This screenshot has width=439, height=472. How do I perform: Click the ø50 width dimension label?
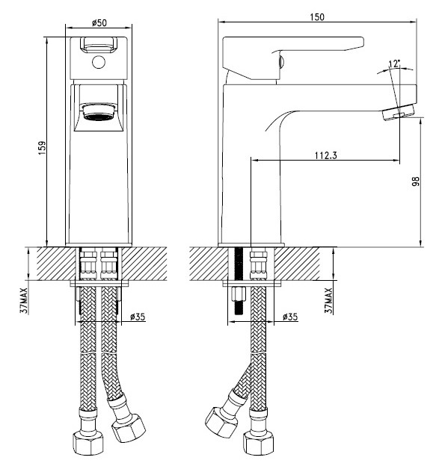coord(99,22)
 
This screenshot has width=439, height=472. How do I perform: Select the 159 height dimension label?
coord(42,148)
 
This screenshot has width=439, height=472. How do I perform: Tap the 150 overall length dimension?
coord(317,17)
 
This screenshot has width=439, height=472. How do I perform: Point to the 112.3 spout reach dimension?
coord(325,155)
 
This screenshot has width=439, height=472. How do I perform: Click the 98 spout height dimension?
coord(416,181)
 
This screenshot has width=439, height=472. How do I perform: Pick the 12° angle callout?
coord(394,63)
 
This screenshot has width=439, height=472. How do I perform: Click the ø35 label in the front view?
coord(138,317)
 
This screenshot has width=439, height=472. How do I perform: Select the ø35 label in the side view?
coord(290,317)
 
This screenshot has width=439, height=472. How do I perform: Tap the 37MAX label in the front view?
coord(24,301)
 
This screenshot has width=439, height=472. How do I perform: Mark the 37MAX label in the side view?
coord(328,301)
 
